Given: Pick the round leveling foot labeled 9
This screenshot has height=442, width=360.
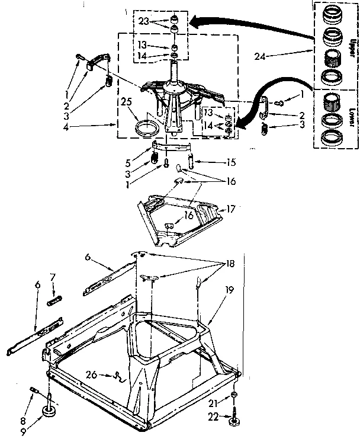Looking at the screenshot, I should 49,413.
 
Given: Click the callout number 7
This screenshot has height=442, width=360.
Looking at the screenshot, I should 52,277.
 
